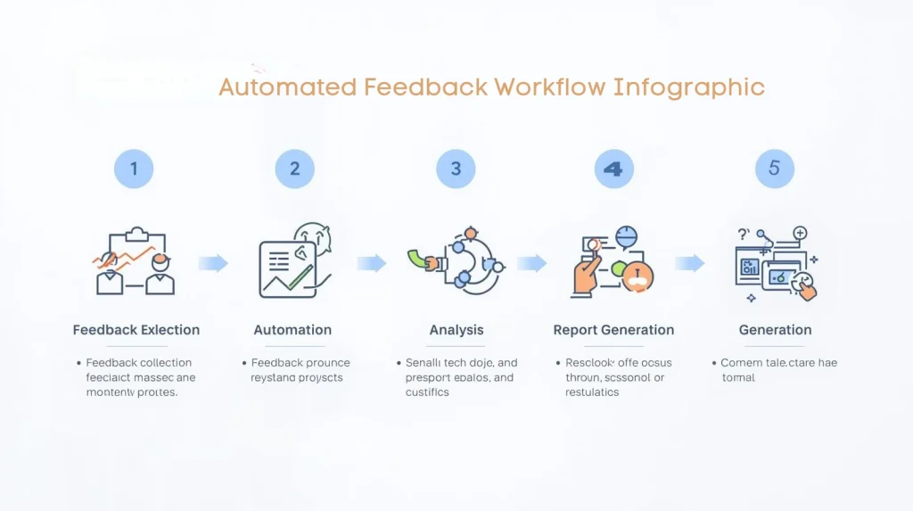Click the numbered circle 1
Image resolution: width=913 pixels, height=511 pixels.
(135, 169)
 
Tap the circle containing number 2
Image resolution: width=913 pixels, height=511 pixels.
(294, 169)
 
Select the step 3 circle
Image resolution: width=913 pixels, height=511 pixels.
(456, 169)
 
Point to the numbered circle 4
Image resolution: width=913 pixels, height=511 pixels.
(613, 169)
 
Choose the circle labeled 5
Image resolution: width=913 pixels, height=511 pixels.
(774, 169)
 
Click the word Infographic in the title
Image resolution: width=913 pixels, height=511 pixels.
(688, 87)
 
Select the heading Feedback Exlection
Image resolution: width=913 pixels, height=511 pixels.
(136, 330)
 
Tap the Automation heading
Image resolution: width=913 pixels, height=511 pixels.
(292, 330)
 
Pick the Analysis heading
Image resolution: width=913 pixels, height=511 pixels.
(456, 330)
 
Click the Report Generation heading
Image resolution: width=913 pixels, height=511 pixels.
(613, 330)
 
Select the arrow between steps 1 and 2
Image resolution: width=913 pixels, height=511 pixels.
(213, 263)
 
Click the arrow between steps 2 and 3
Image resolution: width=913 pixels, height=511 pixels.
(372, 263)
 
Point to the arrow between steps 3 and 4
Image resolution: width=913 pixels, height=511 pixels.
(531, 263)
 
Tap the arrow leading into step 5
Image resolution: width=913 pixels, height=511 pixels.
(689, 263)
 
